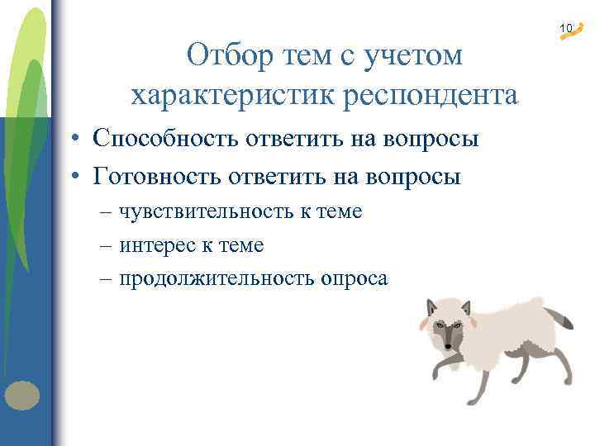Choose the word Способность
click(x=165, y=138)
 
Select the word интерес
click(x=155, y=244)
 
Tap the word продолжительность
click(x=213, y=278)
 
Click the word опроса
click(x=350, y=278)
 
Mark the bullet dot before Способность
click(x=74, y=139)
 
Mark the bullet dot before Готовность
click(x=74, y=176)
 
